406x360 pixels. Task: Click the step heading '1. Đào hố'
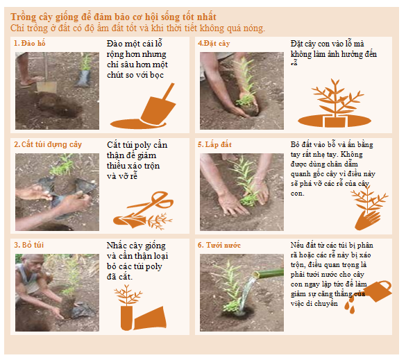coord(30,43)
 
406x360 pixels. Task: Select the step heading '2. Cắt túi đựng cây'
coord(48,144)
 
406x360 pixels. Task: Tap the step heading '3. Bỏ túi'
coord(29,245)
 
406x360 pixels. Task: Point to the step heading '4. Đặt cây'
coord(214,43)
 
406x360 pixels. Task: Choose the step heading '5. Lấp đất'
coord(214,144)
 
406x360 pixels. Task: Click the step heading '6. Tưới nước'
coord(219,245)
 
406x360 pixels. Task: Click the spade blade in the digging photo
coord(46,87)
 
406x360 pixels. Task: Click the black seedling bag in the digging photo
coord(83,78)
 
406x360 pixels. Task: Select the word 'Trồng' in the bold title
coord(24,17)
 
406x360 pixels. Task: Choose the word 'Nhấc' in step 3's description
coord(117,246)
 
